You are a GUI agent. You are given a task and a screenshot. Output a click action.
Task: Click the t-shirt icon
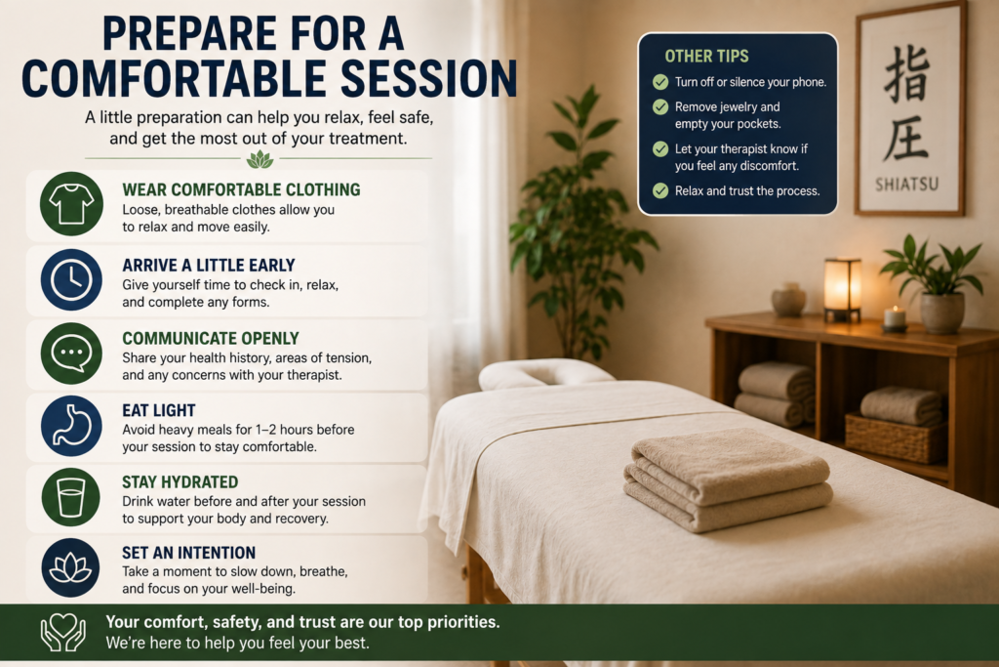[71, 204]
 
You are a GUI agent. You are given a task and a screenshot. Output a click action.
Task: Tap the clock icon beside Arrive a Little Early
[71, 280]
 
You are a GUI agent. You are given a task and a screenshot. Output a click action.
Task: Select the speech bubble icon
[71, 354]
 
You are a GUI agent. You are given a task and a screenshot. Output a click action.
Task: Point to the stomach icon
[71, 426]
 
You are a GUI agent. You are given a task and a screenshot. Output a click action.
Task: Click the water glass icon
[71, 497]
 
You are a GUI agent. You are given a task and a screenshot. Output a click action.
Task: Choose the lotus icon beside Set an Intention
[71, 567]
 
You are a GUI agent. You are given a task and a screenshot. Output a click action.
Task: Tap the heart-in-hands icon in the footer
[63, 632]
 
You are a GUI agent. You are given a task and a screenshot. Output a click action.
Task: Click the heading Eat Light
[159, 411]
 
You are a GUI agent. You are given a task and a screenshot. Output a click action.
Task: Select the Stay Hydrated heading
[180, 482]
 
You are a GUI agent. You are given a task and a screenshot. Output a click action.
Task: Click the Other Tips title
[706, 56]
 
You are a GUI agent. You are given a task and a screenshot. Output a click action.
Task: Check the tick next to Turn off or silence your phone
[660, 82]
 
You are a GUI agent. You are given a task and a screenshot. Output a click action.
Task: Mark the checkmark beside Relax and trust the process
[660, 190]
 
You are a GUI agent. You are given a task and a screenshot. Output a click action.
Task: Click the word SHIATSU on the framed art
[906, 185]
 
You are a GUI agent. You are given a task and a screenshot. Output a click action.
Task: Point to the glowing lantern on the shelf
[842, 289]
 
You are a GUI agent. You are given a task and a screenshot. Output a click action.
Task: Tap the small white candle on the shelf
[896, 318]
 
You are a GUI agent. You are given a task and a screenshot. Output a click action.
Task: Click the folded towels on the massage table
[728, 479]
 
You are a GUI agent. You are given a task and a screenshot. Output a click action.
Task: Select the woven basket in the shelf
[896, 437]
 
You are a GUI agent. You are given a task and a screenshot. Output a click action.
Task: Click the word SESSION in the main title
[429, 79]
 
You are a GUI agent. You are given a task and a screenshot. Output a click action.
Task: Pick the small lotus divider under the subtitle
[260, 159]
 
